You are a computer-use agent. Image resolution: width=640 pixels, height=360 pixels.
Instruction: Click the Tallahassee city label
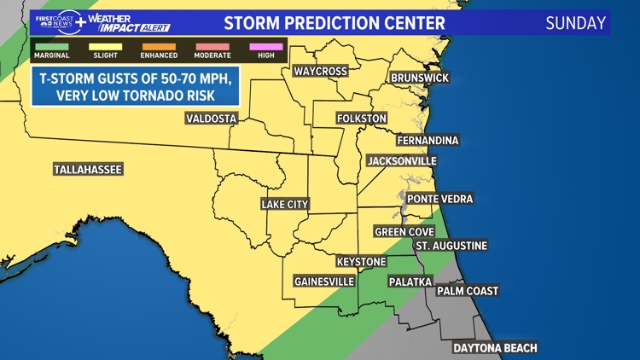point(88,170)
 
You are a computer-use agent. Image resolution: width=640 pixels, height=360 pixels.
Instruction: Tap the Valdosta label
point(211,119)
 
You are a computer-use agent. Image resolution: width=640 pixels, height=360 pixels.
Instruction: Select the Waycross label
point(320,71)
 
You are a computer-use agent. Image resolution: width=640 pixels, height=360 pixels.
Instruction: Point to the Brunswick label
point(419,78)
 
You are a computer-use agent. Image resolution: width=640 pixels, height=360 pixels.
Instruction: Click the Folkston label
point(362,118)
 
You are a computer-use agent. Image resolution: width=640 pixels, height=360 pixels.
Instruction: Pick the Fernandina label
point(428,140)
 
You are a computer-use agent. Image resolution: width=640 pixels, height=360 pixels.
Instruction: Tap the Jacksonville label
point(401,160)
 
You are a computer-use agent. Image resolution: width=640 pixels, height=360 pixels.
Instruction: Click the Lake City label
point(285,205)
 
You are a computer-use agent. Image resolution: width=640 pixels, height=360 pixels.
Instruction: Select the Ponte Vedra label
point(439,199)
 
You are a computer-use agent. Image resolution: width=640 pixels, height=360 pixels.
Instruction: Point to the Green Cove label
point(404,231)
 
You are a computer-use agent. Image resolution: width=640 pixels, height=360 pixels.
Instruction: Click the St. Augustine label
point(451,246)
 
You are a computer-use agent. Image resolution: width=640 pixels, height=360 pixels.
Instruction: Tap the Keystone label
point(361,261)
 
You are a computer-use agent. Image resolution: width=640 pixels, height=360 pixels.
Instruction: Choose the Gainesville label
point(324,281)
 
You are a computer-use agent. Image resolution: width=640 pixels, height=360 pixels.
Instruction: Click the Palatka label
point(410,281)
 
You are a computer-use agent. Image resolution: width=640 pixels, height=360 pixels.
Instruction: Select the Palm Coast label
point(467,291)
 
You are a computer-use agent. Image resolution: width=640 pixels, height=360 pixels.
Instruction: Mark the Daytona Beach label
point(495,347)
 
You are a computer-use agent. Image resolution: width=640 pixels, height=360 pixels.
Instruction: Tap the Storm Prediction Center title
point(334,23)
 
